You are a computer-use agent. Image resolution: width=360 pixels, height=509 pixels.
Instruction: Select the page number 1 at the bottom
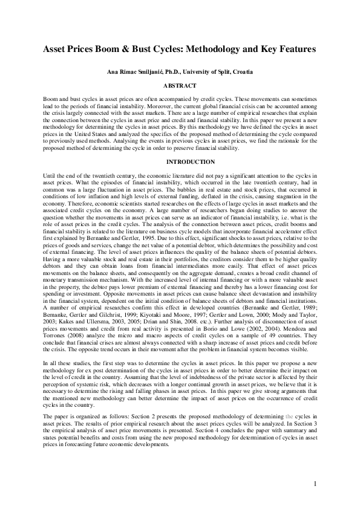click(x=316, y=484)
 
